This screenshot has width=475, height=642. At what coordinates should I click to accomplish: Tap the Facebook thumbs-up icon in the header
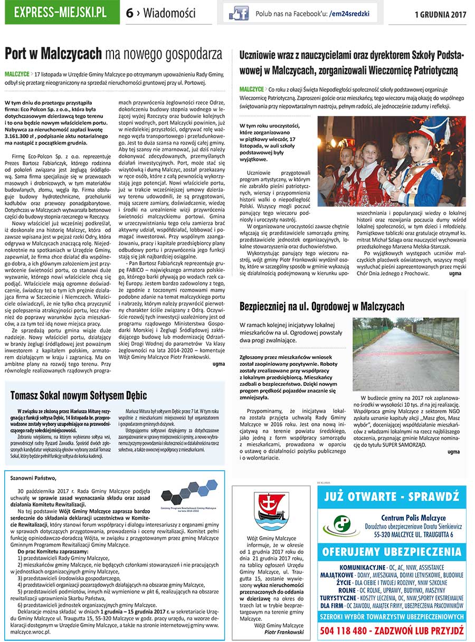tap(239, 13)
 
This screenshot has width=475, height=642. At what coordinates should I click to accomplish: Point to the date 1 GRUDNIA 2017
tap(440, 14)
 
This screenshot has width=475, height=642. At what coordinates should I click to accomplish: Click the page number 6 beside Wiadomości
tap(129, 14)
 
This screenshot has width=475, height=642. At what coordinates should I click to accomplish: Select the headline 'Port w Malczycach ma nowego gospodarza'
tap(113, 54)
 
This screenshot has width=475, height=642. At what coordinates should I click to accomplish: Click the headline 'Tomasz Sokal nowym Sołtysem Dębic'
tap(79, 395)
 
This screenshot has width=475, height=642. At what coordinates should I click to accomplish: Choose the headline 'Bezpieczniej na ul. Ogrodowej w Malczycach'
tap(322, 306)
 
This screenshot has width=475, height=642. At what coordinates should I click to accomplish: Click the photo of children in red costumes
tap(392, 161)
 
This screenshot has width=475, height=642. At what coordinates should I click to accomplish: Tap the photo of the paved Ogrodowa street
tap(406, 354)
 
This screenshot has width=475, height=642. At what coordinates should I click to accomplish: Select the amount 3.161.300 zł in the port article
tap(20, 136)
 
